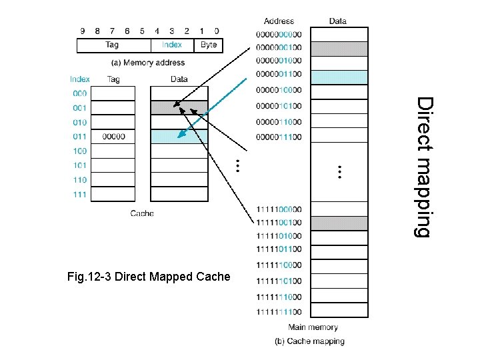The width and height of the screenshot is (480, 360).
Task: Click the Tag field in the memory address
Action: pyautogui.click(x=114, y=45)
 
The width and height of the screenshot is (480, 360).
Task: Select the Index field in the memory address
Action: pyautogui.click(x=173, y=45)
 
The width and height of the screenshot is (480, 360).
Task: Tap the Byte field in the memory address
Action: pyautogui.click(x=209, y=45)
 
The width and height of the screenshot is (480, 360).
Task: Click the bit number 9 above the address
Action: pyautogui.click(x=83, y=31)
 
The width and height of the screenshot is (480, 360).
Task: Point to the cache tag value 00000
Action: pyautogui.click(x=113, y=137)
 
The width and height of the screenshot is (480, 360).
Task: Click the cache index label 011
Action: pyautogui.click(x=79, y=137)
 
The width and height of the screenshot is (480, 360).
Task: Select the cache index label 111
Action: pyautogui.click(x=79, y=195)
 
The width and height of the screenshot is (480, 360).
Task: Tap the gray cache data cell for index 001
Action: pyautogui.click(x=179, y=108)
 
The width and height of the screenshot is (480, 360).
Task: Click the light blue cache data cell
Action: pyautogui.click(x=179, y=137)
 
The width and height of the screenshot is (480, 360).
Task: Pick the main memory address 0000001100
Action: pyautogui.click(x=279, y=74)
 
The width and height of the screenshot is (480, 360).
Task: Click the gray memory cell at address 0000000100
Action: pyautogui.click(x=339, y=49)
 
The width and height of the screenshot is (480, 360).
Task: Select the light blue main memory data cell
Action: pyautogui.click(x=339, y=77)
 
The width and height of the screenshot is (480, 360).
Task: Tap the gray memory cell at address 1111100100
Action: pyautogui.click(x=339, y=223)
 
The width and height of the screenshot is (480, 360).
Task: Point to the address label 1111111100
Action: pyautogui.click(x=279, y=312)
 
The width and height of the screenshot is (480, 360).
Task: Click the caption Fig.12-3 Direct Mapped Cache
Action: pyautogui.click(x=149, y=277)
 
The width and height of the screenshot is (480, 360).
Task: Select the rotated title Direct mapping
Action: pyautogui.click(x=425, y=167)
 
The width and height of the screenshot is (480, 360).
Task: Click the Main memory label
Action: pyautogui.click(x=313, y=327)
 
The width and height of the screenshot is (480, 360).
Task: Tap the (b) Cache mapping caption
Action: pyautogui.click(x=309, y=341)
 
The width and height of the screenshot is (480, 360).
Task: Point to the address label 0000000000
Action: pyautogui.click(x=279, y=34)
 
